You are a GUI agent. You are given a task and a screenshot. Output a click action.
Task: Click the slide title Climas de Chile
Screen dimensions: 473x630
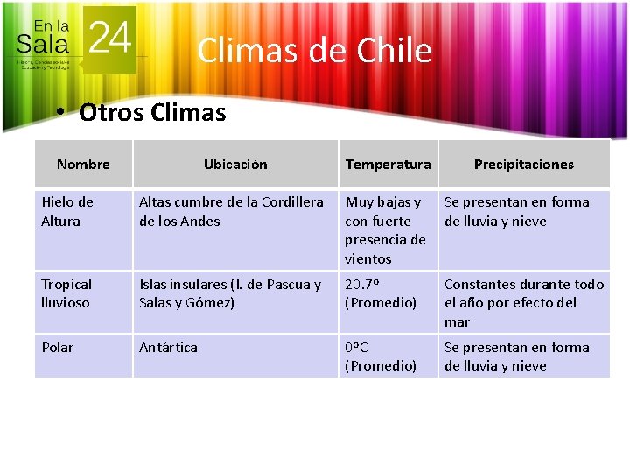[314, 51]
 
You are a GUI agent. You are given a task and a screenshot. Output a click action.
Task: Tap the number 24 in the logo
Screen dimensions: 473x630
[110, 38]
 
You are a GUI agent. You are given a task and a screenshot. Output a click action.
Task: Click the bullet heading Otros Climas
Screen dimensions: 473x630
[151, 112]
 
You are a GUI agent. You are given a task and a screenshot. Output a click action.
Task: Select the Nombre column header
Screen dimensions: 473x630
[83, 164]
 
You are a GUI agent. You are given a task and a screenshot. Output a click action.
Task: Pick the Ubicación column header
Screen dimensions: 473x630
[235, 164]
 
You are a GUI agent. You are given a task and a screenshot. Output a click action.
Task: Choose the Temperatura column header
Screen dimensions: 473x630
[388, 164]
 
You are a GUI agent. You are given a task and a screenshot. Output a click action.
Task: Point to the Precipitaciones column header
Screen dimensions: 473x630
[523, 164]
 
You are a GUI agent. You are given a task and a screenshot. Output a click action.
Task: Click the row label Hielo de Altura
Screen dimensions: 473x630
[67, 211]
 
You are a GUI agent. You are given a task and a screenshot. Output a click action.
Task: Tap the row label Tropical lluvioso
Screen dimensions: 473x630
[66, 293]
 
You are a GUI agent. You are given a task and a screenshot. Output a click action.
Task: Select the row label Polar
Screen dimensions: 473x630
[58, 347]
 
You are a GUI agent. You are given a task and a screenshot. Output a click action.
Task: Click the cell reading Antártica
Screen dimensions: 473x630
[168, 347]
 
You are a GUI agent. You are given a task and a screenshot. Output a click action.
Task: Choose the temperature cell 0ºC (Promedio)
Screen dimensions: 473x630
[381, 356]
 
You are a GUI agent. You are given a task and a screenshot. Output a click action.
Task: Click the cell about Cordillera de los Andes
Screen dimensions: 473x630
[231, 211]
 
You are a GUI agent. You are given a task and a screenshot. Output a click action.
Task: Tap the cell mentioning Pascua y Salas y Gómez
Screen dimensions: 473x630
[230, 293]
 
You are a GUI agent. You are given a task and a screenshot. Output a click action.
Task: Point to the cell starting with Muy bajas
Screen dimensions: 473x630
[385, 229]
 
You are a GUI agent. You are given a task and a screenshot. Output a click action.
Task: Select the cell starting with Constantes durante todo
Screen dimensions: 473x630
[523, 302]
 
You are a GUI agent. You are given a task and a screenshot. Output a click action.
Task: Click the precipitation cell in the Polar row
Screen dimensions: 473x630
[516, 356]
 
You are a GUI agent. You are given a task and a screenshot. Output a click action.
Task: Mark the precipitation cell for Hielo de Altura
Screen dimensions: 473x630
[516, 211]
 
